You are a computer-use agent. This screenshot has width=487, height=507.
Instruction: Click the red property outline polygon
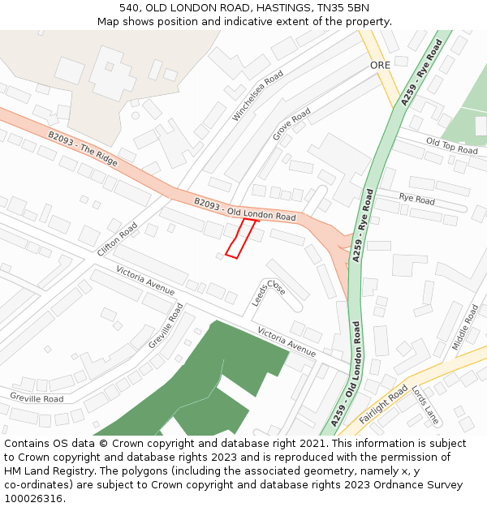pyautogui.click(x=240, y=238)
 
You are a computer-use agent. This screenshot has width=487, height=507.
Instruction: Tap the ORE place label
pyautogui.click(x=380, y=65)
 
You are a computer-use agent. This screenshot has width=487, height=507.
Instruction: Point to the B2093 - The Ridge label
pyautogui.click(x=82, y=150)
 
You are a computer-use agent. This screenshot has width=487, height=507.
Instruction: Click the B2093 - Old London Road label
pyautogui.click(x=244, y=208)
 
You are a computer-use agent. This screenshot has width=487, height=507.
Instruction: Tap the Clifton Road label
pyautogui.click(x=117, y=241)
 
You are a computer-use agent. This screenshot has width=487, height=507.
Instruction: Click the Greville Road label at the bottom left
pyautogui.click(x=37, y=398)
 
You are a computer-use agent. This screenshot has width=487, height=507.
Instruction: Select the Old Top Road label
pyautogui.click(x=451, y=147)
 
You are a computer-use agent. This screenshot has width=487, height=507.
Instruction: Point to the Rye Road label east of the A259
pyautogui.click(x=416, y=199)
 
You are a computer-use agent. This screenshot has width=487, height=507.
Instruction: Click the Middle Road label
pyautogui.click(x=465, y=327)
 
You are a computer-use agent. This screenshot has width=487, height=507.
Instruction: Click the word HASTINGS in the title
pyautogui.click(x=276, y=7)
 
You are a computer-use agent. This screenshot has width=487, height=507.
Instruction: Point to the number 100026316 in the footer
pyautogui.click(x=34, y=498)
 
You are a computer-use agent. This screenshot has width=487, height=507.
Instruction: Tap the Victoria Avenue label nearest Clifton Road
pyautogui.click(x=145, y=280)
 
